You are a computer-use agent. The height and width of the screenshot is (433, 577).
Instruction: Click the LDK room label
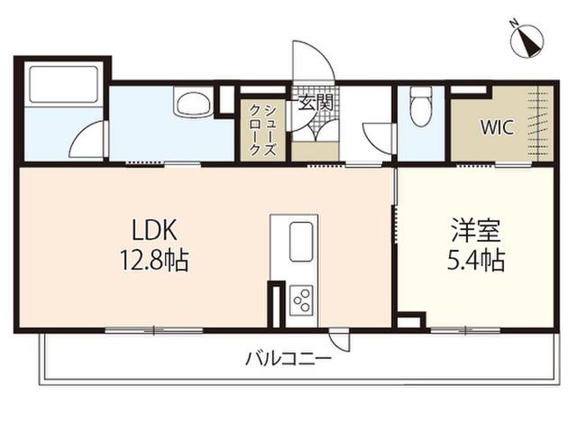154,230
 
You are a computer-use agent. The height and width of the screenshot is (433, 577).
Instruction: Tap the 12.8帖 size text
154,261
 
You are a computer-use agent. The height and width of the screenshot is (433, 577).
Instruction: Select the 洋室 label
475,231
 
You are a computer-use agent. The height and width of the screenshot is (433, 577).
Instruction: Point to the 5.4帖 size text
475,260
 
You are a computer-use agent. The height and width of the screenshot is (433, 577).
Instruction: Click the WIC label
497,128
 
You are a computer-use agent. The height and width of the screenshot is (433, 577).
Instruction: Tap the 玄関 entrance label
316,102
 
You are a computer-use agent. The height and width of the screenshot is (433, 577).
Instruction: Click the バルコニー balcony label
288,358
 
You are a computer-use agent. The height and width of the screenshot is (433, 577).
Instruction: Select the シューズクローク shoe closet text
262,130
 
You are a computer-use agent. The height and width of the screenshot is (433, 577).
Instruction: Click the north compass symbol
527,40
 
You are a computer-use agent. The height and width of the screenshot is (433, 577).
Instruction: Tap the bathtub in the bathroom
64,84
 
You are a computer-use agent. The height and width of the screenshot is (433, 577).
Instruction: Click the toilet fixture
421,106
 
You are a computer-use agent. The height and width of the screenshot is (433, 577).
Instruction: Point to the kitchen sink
301,242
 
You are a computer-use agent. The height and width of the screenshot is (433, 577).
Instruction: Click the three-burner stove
301,300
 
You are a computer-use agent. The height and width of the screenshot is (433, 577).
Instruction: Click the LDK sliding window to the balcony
154,330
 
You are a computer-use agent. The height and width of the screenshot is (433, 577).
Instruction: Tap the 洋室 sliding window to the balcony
465,330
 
